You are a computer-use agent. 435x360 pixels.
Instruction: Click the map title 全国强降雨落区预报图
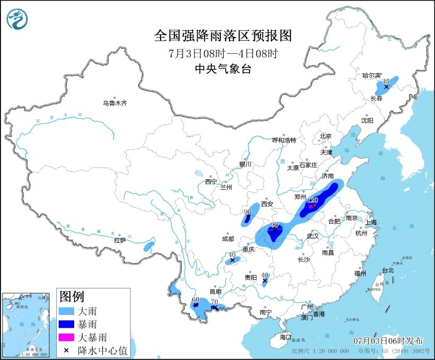(x=223, y=36)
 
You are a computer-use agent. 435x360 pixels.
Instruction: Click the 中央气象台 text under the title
(x=223, y=68)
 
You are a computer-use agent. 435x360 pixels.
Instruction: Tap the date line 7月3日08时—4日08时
(x=223, y=53)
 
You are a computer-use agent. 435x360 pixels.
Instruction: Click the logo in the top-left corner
(x=18, y=19)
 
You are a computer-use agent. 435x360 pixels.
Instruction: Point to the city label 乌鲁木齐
(x=115, y=103)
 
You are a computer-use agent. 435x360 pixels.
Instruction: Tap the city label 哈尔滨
(x=372, y=76)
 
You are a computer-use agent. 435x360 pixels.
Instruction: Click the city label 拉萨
(x=120, y=240)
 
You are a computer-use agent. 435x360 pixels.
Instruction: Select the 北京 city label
(x=325, y=136)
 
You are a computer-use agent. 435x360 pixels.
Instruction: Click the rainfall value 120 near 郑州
(x=313, y=200)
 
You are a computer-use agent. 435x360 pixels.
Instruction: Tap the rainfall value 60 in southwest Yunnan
(x=195, y=300)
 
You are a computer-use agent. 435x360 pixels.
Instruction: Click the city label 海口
(x=285, y=337)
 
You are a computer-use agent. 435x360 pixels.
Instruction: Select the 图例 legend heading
(x=71, y=296)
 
